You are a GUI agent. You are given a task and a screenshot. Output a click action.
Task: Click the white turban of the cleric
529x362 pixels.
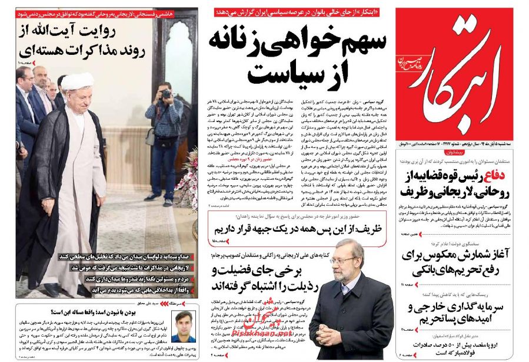(x=78, y=81)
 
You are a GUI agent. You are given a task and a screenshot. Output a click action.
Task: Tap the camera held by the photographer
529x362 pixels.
(x=166, y=94)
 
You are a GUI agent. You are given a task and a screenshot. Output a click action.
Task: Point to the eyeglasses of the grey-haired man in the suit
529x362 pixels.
(x=344, y=261)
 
